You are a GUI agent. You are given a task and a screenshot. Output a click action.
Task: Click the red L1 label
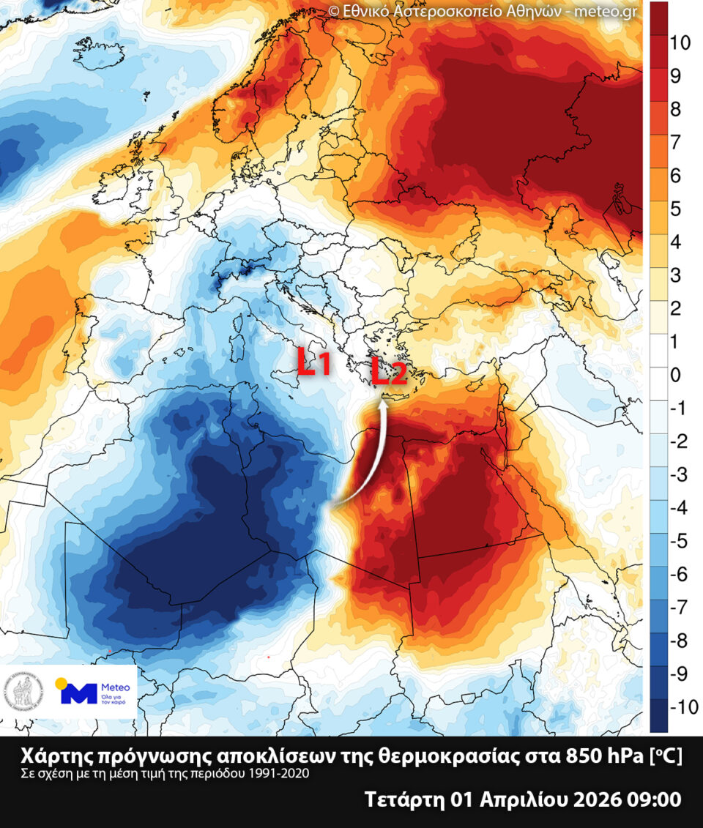316,363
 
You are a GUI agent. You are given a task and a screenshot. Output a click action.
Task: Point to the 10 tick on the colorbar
680,42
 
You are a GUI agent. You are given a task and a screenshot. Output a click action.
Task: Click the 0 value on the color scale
674,375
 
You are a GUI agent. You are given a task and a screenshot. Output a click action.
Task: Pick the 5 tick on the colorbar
674,209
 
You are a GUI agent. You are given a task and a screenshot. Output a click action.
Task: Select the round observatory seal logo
24,691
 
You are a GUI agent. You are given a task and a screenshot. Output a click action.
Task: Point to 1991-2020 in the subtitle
283,773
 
